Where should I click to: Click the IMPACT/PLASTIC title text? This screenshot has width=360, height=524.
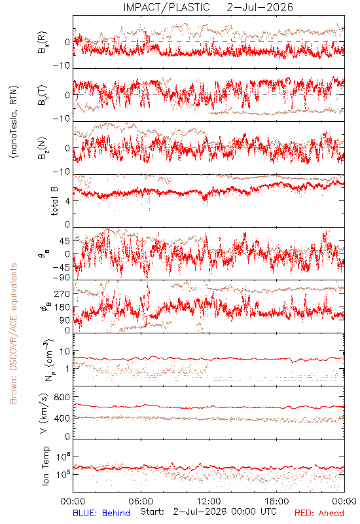[x=166, y=7]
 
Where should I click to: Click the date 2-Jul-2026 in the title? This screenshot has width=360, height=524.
[x=260, y=7]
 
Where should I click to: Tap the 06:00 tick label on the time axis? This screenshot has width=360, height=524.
[x=141, y=501]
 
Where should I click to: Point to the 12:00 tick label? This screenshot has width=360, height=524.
[x=209, y=501]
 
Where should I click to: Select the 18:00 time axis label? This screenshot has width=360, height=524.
[x=277, y=501]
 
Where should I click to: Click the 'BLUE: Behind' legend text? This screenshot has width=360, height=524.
[x=101, y=513]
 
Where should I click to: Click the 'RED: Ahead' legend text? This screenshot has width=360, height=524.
[x=319, y=513]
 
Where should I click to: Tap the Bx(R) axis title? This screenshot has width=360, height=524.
[x=43, y=43]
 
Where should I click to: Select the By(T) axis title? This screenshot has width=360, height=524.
[x=43, y=95]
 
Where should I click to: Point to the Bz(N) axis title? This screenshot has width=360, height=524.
[x=43, y=148]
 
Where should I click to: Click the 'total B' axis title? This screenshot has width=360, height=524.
[x=54, y=200]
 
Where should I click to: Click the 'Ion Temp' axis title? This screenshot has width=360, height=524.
[x=45, y=466]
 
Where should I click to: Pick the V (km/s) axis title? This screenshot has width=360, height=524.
[x=44, y=413]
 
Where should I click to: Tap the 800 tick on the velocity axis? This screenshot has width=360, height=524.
[x=62, y=397]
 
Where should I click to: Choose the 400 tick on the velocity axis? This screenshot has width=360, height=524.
[x=62, y=418]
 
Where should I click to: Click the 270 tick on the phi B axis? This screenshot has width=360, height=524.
[x=62, y=293]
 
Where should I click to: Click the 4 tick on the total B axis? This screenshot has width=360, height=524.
[x=67, y=201]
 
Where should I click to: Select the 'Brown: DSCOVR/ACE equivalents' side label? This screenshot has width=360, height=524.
[x=13, y=333]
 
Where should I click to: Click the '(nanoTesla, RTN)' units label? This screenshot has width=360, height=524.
[x=14, y=122]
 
